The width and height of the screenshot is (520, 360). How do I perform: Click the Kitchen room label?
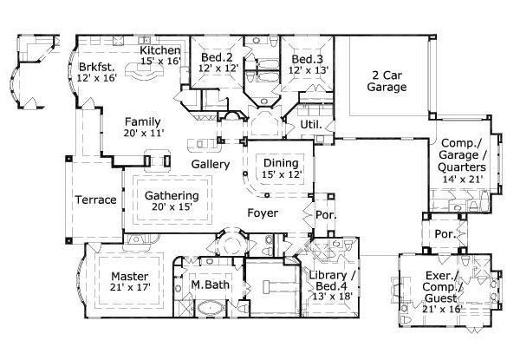160,50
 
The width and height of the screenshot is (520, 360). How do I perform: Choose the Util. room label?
311,125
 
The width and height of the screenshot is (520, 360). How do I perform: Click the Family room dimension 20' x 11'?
142,134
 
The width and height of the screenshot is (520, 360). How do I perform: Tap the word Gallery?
210,164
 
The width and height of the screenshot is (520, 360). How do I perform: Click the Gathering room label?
172,195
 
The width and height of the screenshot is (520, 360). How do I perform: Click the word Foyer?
263,213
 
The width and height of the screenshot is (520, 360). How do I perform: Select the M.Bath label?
208,285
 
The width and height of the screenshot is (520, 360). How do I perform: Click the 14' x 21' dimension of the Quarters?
461,180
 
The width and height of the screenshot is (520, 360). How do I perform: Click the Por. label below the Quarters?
445,235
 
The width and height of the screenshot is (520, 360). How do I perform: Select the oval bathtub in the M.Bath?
210,308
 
